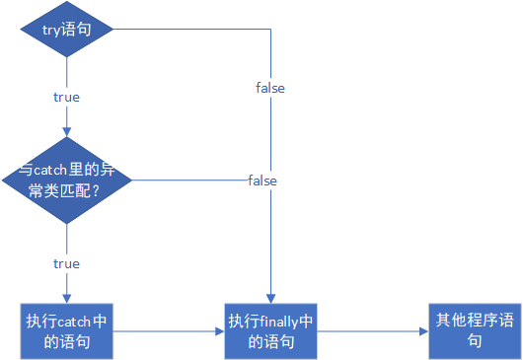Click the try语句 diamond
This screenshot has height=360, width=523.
click(x=67, y=30)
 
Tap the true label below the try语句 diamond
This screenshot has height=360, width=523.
click(x=66, y=97)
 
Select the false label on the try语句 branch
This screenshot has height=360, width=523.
click(x=269, y=88)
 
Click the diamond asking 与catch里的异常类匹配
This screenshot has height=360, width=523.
click(x=67, y=180)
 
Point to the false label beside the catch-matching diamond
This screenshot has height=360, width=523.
click(x=262, y=180)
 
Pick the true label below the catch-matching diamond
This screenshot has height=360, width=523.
click(x=66, y=263)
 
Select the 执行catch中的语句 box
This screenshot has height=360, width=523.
click(x=67, y=331)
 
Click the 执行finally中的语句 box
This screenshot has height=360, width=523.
click(x=270, y=331)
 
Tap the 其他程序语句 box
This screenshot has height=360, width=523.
click(x=475, y=330)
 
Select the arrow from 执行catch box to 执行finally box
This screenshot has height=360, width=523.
click(x=168, y=331)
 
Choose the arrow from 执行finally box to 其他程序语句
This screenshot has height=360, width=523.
click(x=373, y=331)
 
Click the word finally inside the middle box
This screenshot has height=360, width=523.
click(x=281, y=322)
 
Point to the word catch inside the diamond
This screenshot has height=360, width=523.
click(x=54, y=169)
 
